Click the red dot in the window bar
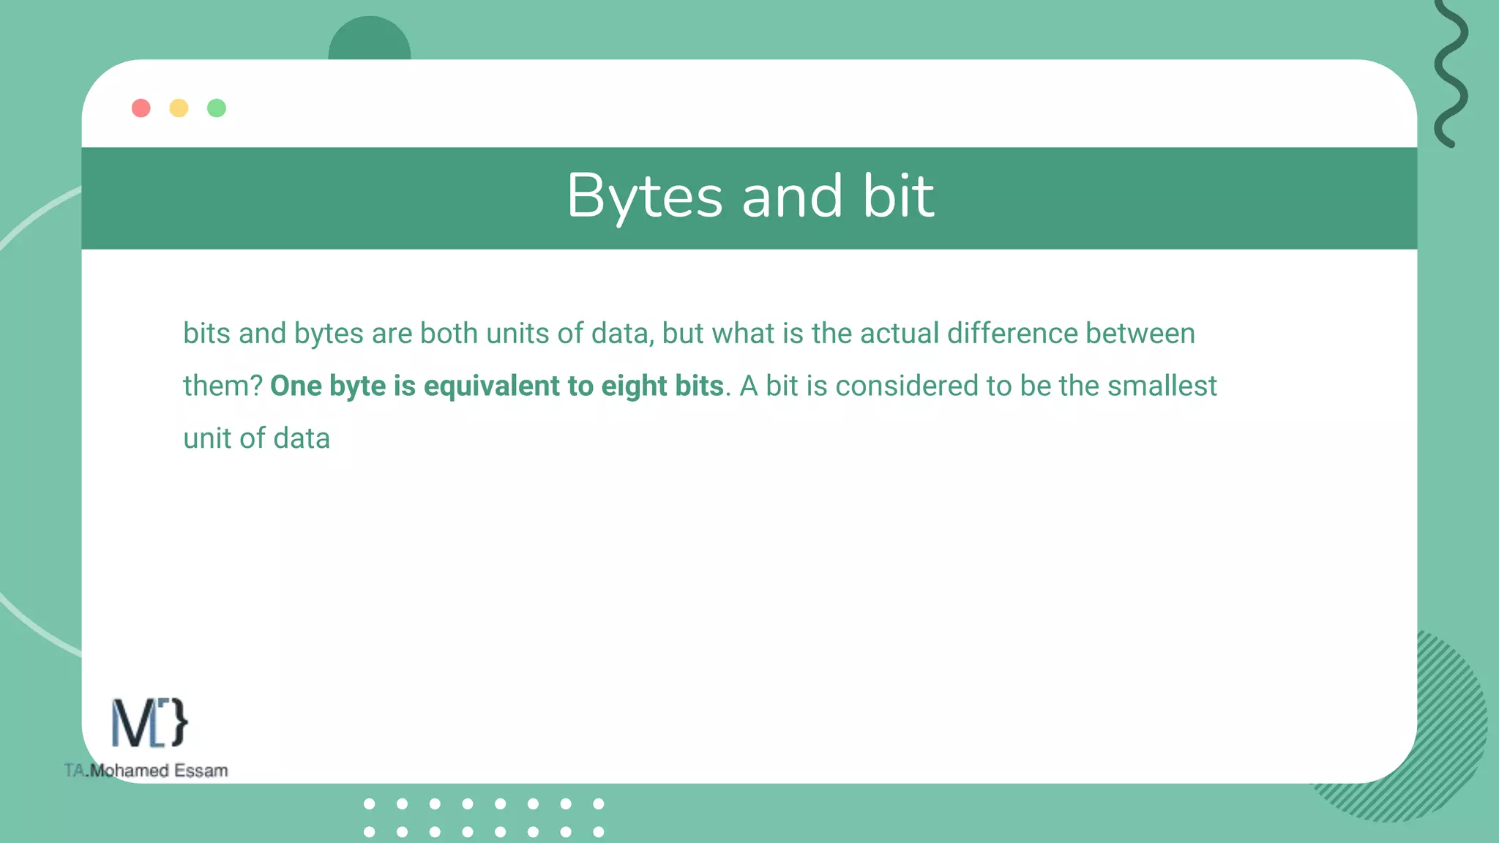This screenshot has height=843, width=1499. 141,108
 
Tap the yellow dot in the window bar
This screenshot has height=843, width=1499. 179,108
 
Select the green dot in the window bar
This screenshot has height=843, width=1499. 217,108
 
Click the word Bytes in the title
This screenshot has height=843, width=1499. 645,196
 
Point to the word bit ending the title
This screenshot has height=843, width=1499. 898,196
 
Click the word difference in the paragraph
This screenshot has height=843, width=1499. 1012,334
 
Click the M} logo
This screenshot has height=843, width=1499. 149,723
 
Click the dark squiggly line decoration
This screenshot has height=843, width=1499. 1451,73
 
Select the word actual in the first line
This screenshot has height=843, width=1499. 899,334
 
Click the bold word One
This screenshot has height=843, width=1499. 296,386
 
